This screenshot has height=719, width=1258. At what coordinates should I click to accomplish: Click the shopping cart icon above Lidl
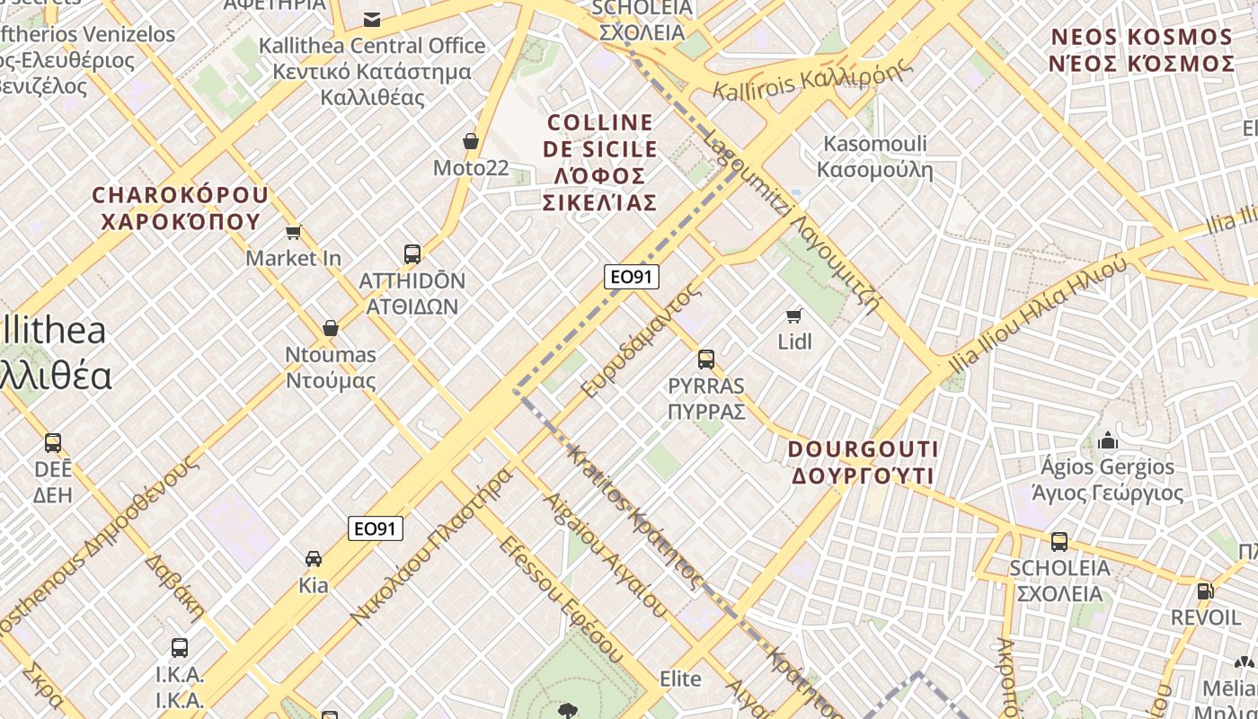click(793, 315)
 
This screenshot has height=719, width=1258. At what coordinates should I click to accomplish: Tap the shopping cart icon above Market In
click(293, 233)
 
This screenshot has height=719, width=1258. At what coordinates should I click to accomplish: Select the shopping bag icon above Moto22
click(470, 141)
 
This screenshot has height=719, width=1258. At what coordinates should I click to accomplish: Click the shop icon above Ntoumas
click(331, 328)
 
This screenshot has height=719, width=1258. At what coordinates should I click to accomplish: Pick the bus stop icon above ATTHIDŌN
click(412, 254)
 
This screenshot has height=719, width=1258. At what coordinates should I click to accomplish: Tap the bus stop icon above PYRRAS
click(706, 359)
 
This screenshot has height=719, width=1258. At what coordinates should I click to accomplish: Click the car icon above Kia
click(314, 559)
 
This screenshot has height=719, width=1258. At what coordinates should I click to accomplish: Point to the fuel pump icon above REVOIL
click(1205, 591)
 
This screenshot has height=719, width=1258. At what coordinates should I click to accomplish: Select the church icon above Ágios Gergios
click(1107, 440)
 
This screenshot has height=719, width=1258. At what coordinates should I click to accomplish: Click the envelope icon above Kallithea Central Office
click(372, 19)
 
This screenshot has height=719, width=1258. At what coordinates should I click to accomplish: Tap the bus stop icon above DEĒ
click(53, 443)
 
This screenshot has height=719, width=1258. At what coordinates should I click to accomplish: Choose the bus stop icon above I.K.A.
click(180, 647)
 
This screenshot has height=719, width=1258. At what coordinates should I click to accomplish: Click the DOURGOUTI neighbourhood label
click(863, 462)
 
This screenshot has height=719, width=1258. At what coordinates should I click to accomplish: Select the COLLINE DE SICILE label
click(600, 162)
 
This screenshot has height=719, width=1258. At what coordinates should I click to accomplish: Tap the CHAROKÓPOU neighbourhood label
click(180, 208)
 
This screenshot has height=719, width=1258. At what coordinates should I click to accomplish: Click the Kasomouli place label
click(875, 156)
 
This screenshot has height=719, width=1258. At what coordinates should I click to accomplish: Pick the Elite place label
click(680, 679)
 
